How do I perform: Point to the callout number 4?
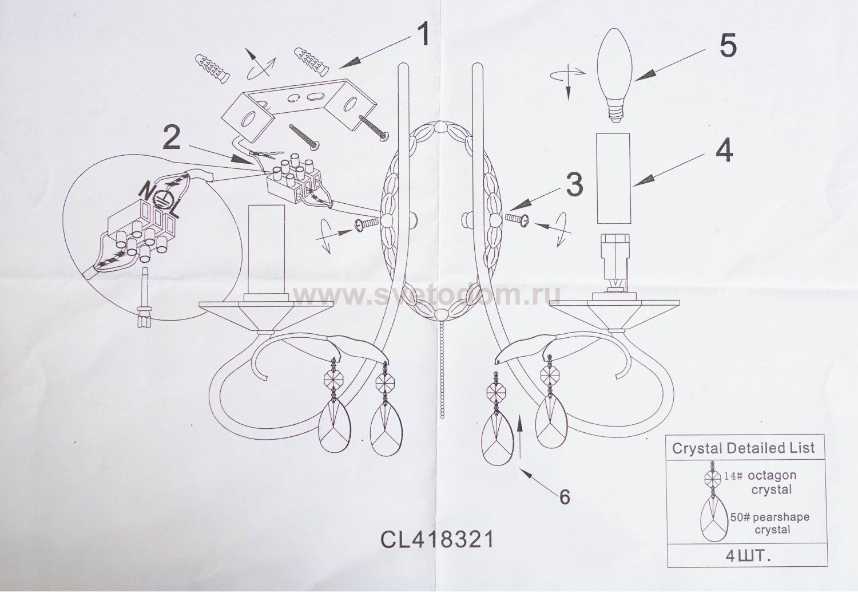pos(724,151)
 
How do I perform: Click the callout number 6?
pos(564,496)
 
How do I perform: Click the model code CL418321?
pos(436,539)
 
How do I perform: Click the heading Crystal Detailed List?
pos(743,448)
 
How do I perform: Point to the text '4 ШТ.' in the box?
pos(744,554)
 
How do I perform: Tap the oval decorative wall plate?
pos(440,221)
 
